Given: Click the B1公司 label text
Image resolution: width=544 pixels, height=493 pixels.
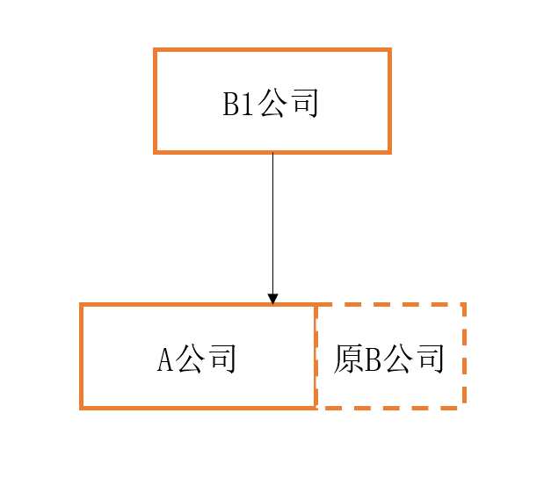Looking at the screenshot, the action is click(x=271, y=103).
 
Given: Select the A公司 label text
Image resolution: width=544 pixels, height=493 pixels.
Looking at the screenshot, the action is click(x=196, y=359).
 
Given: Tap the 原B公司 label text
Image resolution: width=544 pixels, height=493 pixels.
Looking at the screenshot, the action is click(x=389, y=359).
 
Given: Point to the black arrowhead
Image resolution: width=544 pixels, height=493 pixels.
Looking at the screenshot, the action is click(x=272, y=299).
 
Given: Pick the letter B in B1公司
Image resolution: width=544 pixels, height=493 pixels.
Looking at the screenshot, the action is click(x=231, y=104).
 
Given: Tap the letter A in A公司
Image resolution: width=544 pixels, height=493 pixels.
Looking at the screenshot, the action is click(x=165, y=359).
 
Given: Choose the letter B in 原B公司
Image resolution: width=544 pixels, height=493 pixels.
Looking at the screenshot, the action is click(x=373, y=359).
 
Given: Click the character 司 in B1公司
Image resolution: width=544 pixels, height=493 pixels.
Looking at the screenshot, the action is click(x=305, y=103).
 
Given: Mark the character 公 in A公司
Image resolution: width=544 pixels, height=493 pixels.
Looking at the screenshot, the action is click(x=190, y=359).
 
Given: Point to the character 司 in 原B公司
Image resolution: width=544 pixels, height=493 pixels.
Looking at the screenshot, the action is click(x=432, y=359).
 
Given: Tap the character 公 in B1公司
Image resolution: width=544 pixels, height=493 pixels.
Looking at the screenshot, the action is click(x=273, y=103).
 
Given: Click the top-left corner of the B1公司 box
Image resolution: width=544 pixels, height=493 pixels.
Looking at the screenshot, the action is click(x=155, y=49).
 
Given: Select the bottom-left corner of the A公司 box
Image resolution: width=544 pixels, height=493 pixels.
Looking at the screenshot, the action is click(x=81, y=409).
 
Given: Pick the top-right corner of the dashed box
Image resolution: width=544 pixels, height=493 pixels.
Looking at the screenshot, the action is click(x=465, y=304).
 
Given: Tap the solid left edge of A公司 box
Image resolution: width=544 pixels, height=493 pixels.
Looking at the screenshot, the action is click(x=81, y=356).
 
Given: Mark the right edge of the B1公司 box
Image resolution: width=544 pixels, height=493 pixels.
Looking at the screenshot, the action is click(x=390, y=101).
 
